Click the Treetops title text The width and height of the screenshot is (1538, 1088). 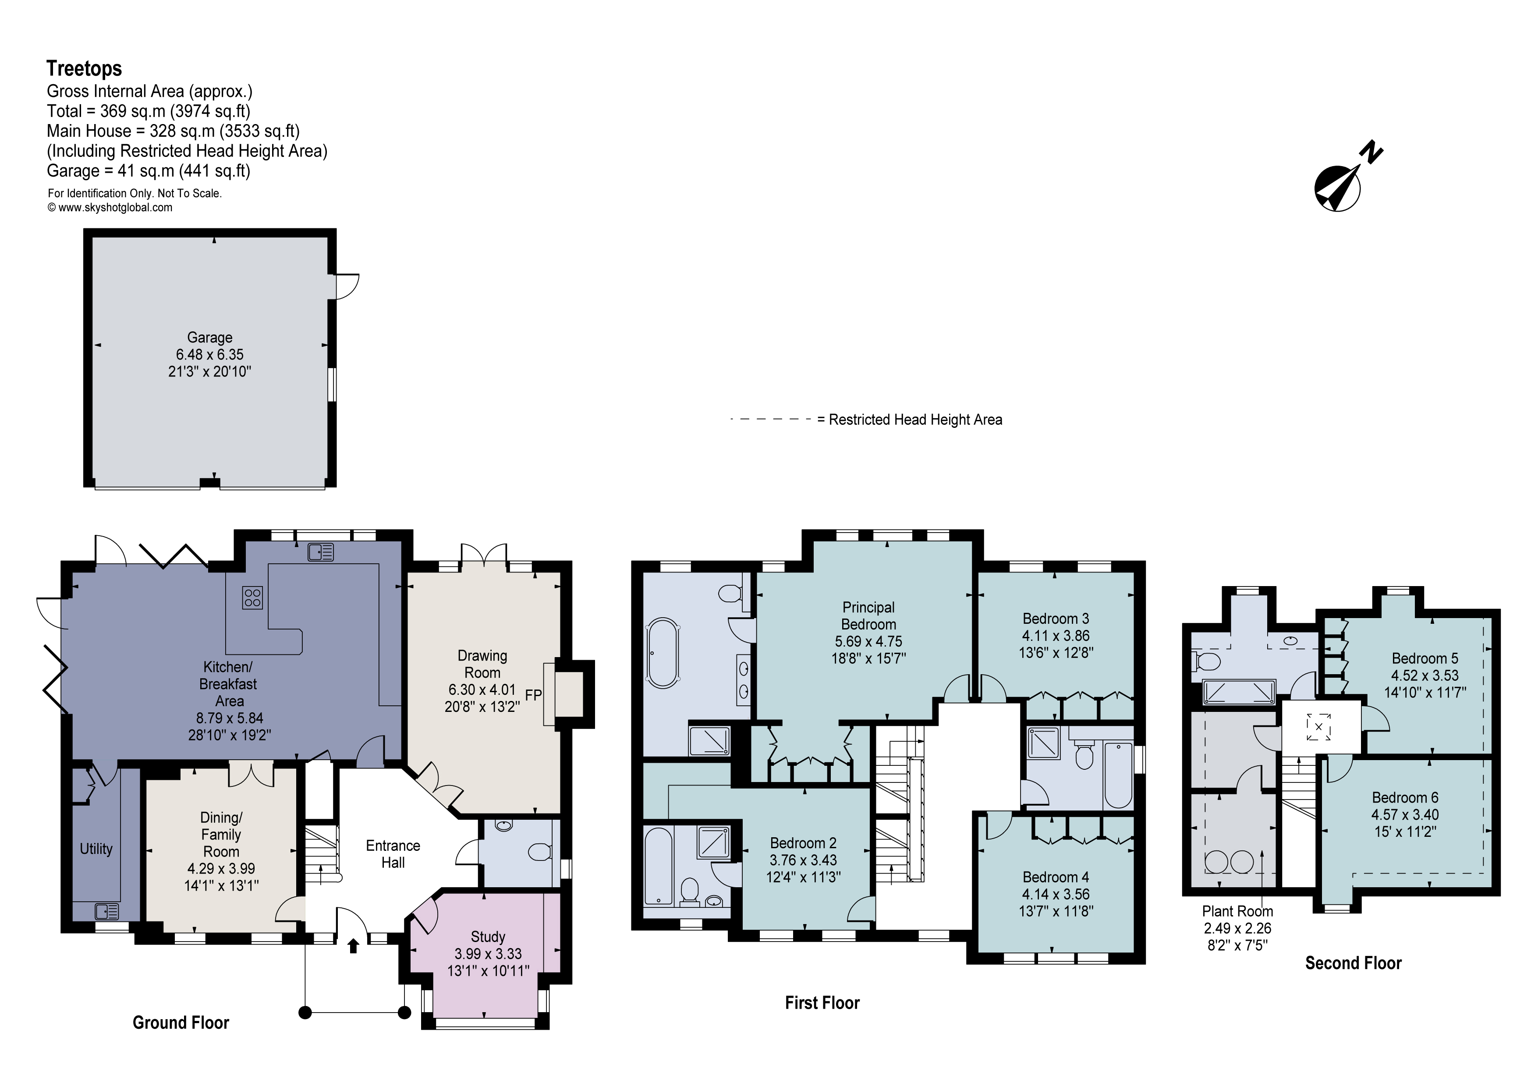coord(84,69)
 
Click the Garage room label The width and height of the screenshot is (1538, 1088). coord(209,338)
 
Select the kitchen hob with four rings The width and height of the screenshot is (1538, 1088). coord(252,597)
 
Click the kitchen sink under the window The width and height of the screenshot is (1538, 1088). coord(321,552)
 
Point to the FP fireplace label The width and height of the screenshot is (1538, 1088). coord(533,695)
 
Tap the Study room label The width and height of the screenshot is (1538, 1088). coord(488,937)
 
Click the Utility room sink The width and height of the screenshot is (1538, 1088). coord(106,911)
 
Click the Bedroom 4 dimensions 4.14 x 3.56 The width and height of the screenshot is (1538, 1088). coord(1055,894)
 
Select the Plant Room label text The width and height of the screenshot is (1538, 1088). coord(1237,911)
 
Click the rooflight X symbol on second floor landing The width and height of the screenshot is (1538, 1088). coord(1318,727)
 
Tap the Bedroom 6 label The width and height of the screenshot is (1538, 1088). coord(1405,797)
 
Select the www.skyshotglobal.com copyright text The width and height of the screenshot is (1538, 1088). coord(110,208)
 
